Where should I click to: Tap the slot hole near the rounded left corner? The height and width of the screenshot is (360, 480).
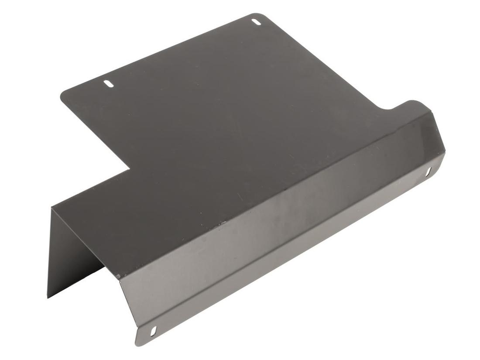108,83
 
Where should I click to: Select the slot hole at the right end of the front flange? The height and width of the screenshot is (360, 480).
428,171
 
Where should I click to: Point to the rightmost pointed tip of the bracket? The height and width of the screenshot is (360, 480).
445,151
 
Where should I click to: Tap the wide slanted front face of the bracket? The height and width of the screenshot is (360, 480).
271,231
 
